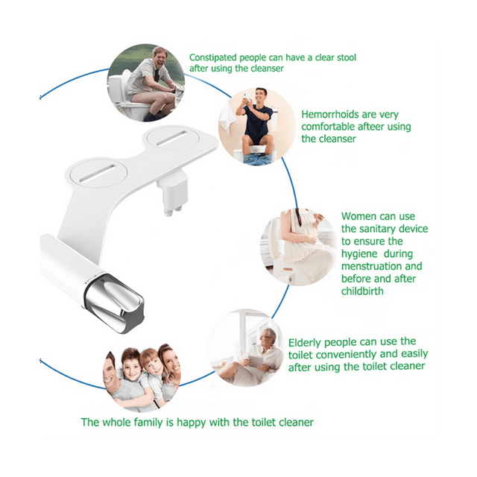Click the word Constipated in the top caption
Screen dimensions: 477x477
(x=216, y=57)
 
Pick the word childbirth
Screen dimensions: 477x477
(x=364, y=291)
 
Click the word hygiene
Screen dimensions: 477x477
(x=360, y=253)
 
